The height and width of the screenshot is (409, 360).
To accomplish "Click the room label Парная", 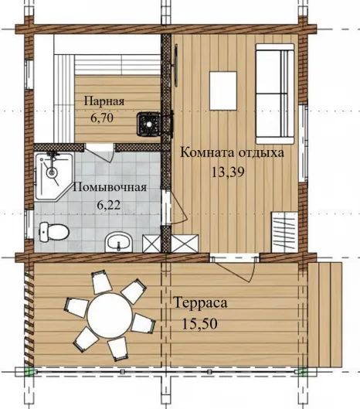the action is coord(104,101).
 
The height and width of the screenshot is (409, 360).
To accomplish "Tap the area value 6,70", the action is coord(102,118).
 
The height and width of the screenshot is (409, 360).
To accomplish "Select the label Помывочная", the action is coord(110,187).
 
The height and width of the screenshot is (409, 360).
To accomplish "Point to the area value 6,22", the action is coord(109,205).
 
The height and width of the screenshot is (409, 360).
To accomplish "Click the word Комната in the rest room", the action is coord(207,152).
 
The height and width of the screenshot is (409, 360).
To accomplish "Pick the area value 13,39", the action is coord(228,172).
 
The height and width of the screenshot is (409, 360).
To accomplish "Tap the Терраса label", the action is coord(200,303).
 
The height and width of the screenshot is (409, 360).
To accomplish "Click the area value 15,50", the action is coord(199,324).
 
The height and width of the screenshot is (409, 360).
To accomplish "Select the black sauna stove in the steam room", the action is coord(149,124).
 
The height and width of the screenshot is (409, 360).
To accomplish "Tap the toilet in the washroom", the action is coord(54,232).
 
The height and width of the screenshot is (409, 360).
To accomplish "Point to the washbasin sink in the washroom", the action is coord(119,242).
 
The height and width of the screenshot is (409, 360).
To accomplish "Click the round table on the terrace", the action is coord(110,315).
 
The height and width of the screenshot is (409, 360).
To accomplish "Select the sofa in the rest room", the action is coord(275,94).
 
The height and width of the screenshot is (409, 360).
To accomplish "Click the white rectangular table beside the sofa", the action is coord(223,90).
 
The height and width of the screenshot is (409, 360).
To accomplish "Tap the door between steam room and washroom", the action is coord(100,152).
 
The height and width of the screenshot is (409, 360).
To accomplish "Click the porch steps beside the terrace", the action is coord(324,315).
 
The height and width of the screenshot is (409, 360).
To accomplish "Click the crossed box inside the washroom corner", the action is coord(151,244).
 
